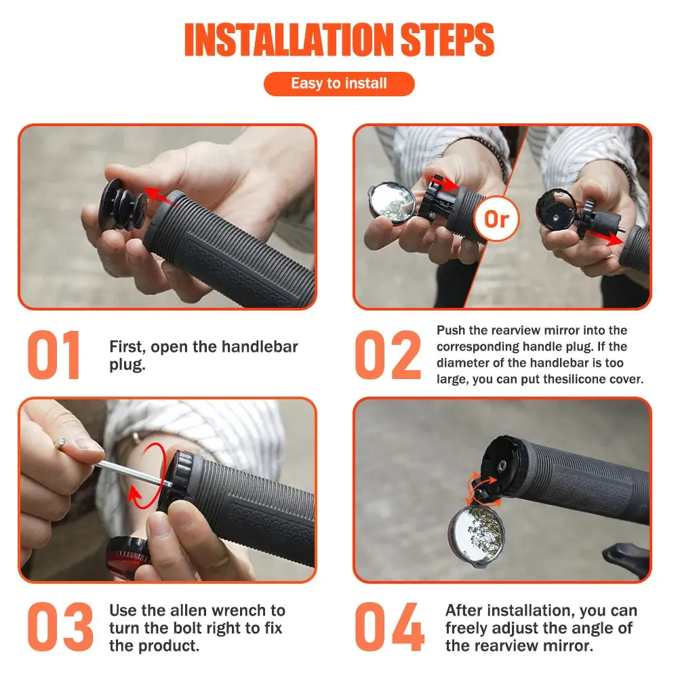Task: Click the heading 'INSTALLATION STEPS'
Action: [339, 40]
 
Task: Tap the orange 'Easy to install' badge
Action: [339, 83]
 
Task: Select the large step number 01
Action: [54, 355]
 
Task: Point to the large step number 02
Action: [387, 355]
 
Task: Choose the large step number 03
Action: [60, 626]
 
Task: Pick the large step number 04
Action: [389, 626]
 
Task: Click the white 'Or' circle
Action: [496, 219]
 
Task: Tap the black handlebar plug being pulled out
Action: [122, 205]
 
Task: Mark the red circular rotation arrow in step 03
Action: [148, 476]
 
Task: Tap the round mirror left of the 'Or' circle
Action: [392, 202]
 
